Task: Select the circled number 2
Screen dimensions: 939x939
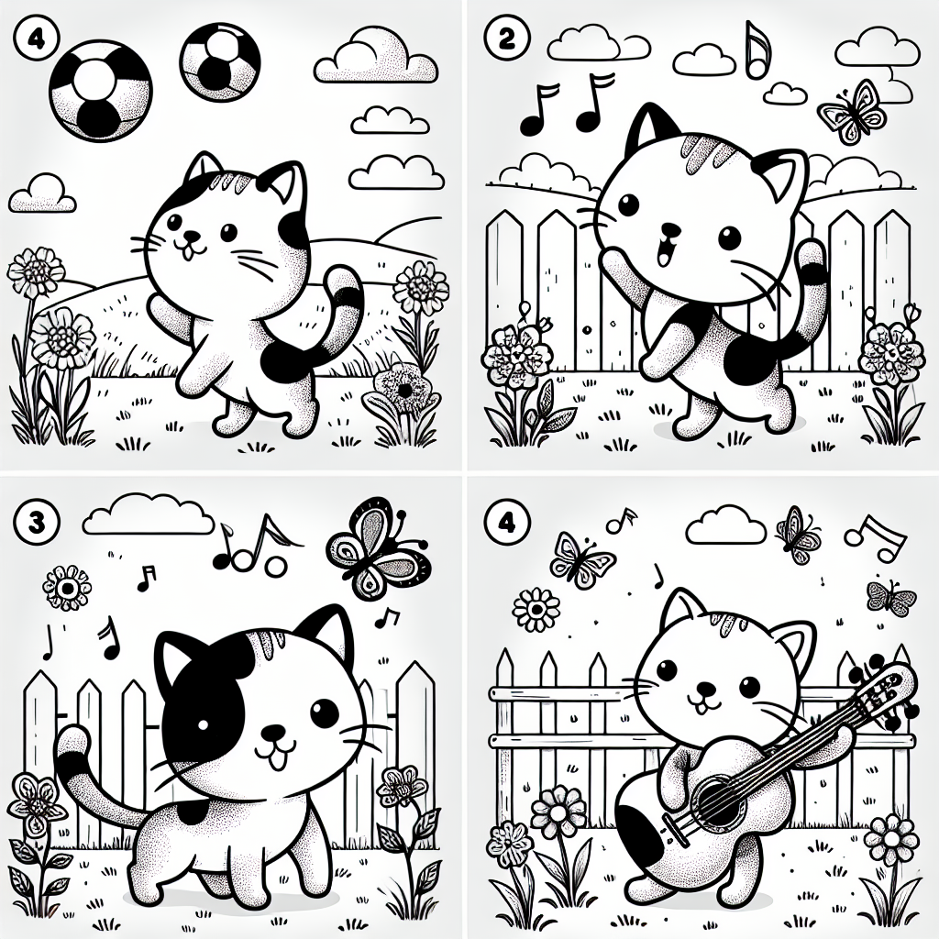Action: coord(505,39)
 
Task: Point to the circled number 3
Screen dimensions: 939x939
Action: coord(37,523)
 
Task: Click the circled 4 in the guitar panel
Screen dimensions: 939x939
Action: coord(506,524)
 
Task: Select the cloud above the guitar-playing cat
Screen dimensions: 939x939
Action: coord(726,526)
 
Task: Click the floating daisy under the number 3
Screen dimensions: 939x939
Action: coord(68,588)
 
